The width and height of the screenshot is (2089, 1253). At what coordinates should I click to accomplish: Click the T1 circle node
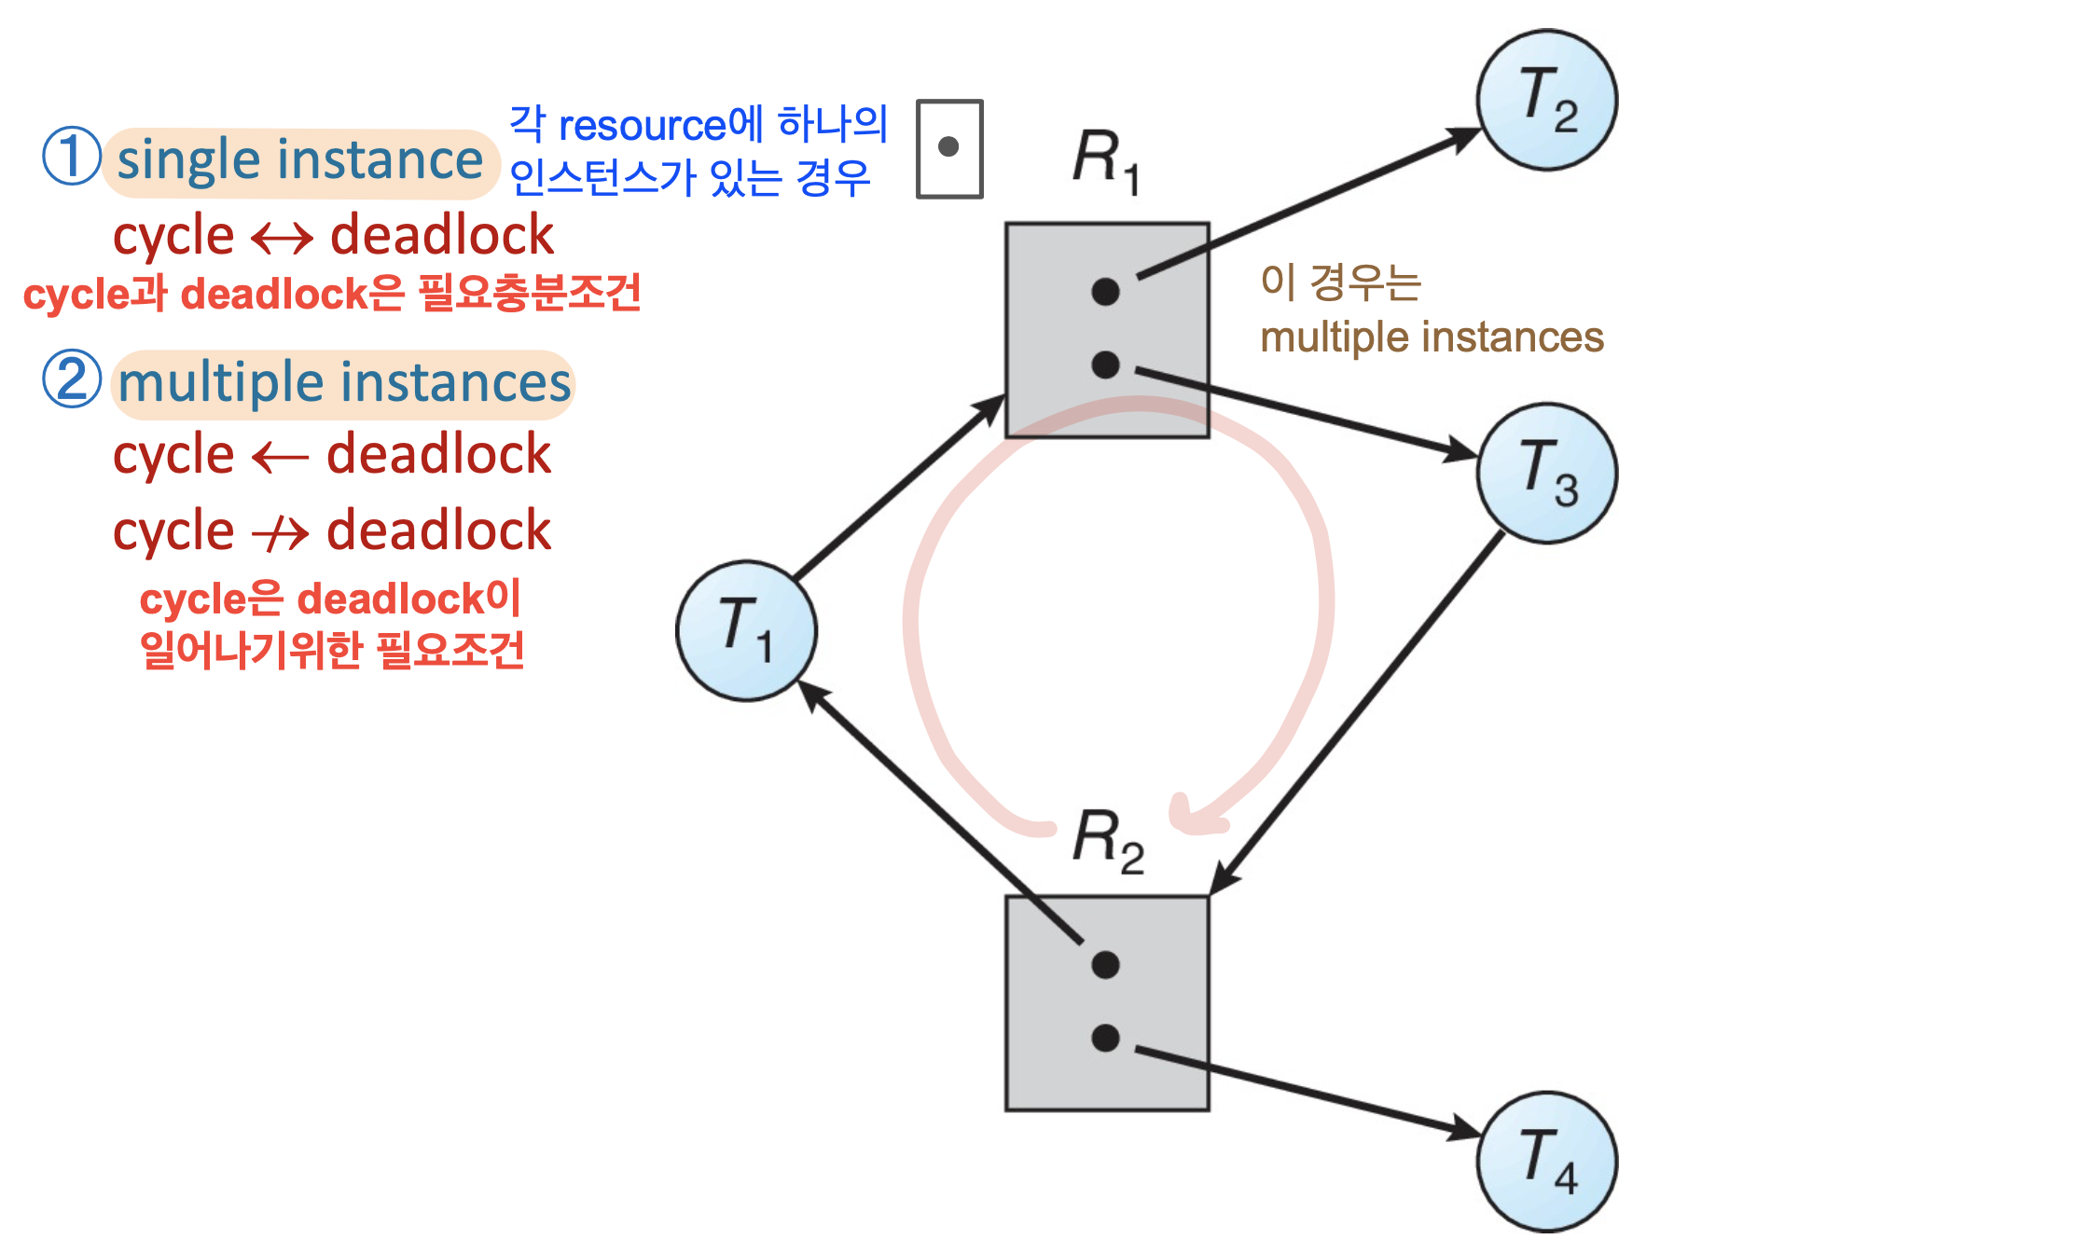746,631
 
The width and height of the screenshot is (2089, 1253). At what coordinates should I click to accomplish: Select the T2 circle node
1547,100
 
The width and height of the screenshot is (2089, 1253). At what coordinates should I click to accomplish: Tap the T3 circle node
1547,474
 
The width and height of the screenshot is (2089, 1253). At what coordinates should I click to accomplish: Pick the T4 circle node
1547,1162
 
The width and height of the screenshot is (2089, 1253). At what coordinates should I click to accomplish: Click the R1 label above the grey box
1106,161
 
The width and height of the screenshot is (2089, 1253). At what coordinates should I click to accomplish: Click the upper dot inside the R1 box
1105,292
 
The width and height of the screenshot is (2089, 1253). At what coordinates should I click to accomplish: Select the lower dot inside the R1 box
1105,365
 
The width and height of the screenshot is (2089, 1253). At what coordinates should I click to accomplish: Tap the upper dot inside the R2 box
1105,965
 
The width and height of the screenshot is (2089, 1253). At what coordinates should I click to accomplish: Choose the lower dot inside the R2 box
1105,1038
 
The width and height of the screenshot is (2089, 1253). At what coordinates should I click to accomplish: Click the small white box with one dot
949,148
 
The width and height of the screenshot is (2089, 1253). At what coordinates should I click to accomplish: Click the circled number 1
72,156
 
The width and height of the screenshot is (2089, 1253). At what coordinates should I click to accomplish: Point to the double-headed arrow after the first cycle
283,239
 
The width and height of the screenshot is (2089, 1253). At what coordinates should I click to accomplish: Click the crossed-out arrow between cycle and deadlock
280,533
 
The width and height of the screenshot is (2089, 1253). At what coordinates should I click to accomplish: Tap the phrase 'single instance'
300,161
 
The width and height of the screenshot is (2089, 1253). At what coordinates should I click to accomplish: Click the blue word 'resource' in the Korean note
642,126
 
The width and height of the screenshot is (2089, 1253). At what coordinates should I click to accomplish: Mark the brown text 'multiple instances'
1432,337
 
